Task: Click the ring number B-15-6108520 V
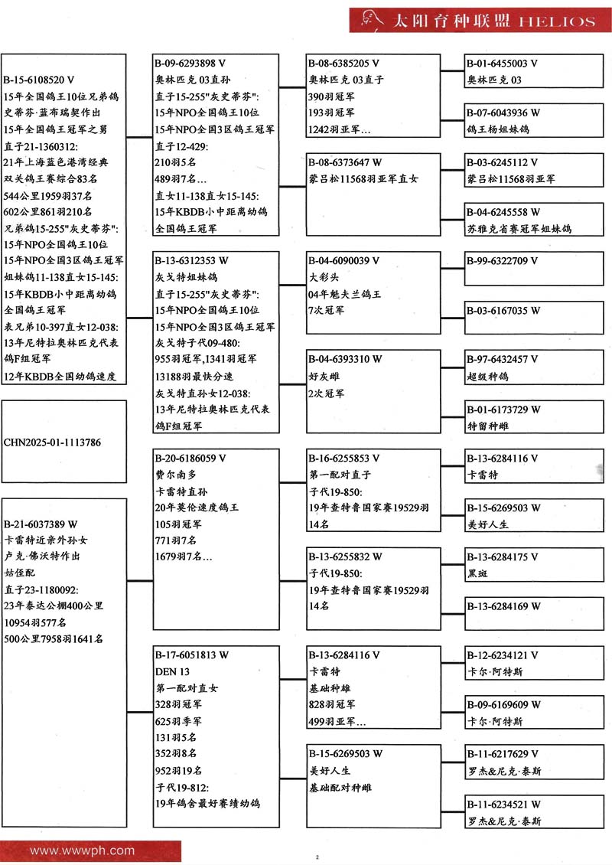point(39,80)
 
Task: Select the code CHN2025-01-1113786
point(52,442)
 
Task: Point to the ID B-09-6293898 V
point(190,64)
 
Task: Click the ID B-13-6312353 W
point(191,261)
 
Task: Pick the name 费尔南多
point(174,475)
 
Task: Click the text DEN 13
point(173,671)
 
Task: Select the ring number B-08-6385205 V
point(343,64)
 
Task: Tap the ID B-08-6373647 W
point(344,162)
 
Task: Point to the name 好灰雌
point(324,376)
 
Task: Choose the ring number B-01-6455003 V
point(503,64)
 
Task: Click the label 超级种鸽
point(487,376)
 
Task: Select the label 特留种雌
point(487,426)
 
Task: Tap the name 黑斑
point(477,573)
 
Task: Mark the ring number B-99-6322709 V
point(503,261)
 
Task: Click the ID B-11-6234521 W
point(503,804)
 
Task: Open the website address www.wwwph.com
point(82,850)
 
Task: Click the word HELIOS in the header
point(556,21)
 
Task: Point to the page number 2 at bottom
point(316,857)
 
